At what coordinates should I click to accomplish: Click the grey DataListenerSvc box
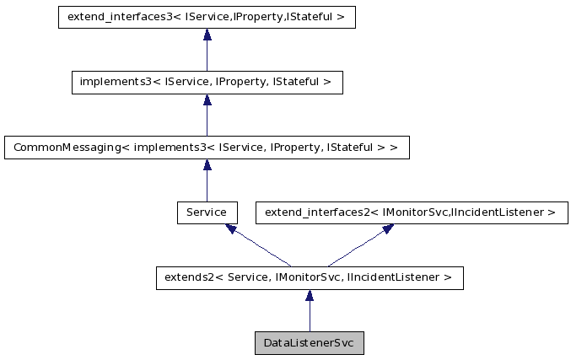[309, 343]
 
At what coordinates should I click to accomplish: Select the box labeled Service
[207, 212]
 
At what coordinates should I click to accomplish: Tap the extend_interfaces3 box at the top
[207, 17]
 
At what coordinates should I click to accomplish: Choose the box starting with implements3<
[207, 82]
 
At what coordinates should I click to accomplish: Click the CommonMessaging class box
[207, 148]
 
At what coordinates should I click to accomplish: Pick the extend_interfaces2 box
[412, 212]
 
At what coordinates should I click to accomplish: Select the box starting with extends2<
[309, 277]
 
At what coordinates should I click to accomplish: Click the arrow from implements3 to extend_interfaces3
[207, 52]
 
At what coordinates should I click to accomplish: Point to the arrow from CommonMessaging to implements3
[207, 118]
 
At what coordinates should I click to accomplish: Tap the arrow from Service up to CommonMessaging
[207, 183]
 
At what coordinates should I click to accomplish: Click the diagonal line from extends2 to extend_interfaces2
[358, 246]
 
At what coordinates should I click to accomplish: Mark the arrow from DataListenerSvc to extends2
[310, 314]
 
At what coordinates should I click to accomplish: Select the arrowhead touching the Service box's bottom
[231, 228]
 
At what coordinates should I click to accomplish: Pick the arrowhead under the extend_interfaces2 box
[387, 228]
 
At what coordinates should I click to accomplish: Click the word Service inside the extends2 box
[250, 277]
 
